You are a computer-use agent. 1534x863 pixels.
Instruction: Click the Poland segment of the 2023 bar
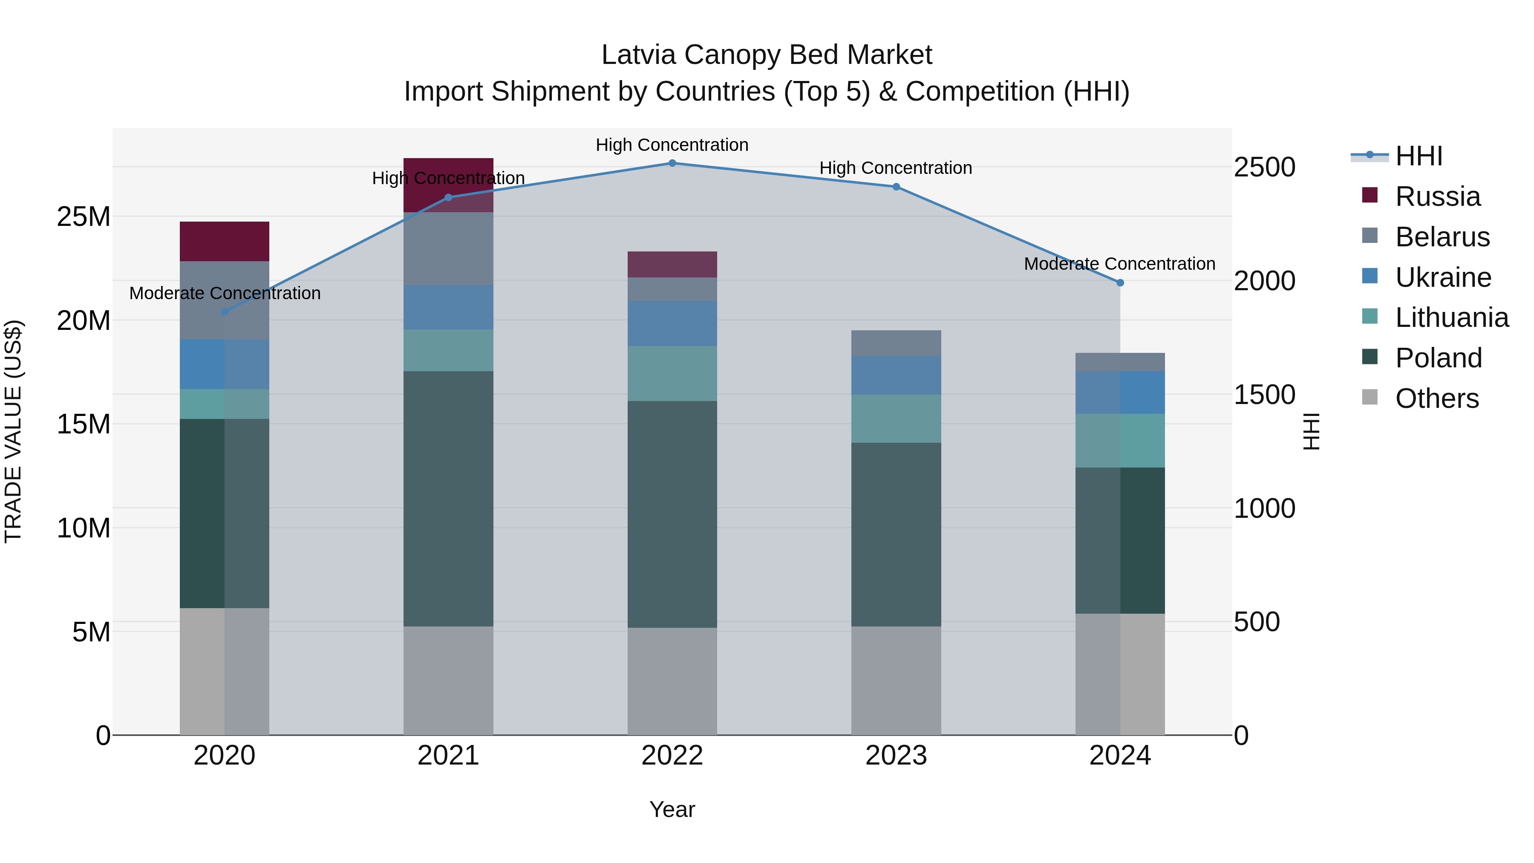[896, 534]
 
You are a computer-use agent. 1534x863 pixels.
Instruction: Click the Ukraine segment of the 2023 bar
[896, 375]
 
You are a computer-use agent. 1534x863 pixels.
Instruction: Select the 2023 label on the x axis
[896, 756]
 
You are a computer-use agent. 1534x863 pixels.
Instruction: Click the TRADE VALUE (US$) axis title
[13, 431]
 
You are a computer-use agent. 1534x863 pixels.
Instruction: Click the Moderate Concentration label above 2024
[1119, 263]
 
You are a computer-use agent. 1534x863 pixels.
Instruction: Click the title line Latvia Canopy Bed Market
[767, 55]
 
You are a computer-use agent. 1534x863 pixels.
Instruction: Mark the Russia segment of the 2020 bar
[225, 241]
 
